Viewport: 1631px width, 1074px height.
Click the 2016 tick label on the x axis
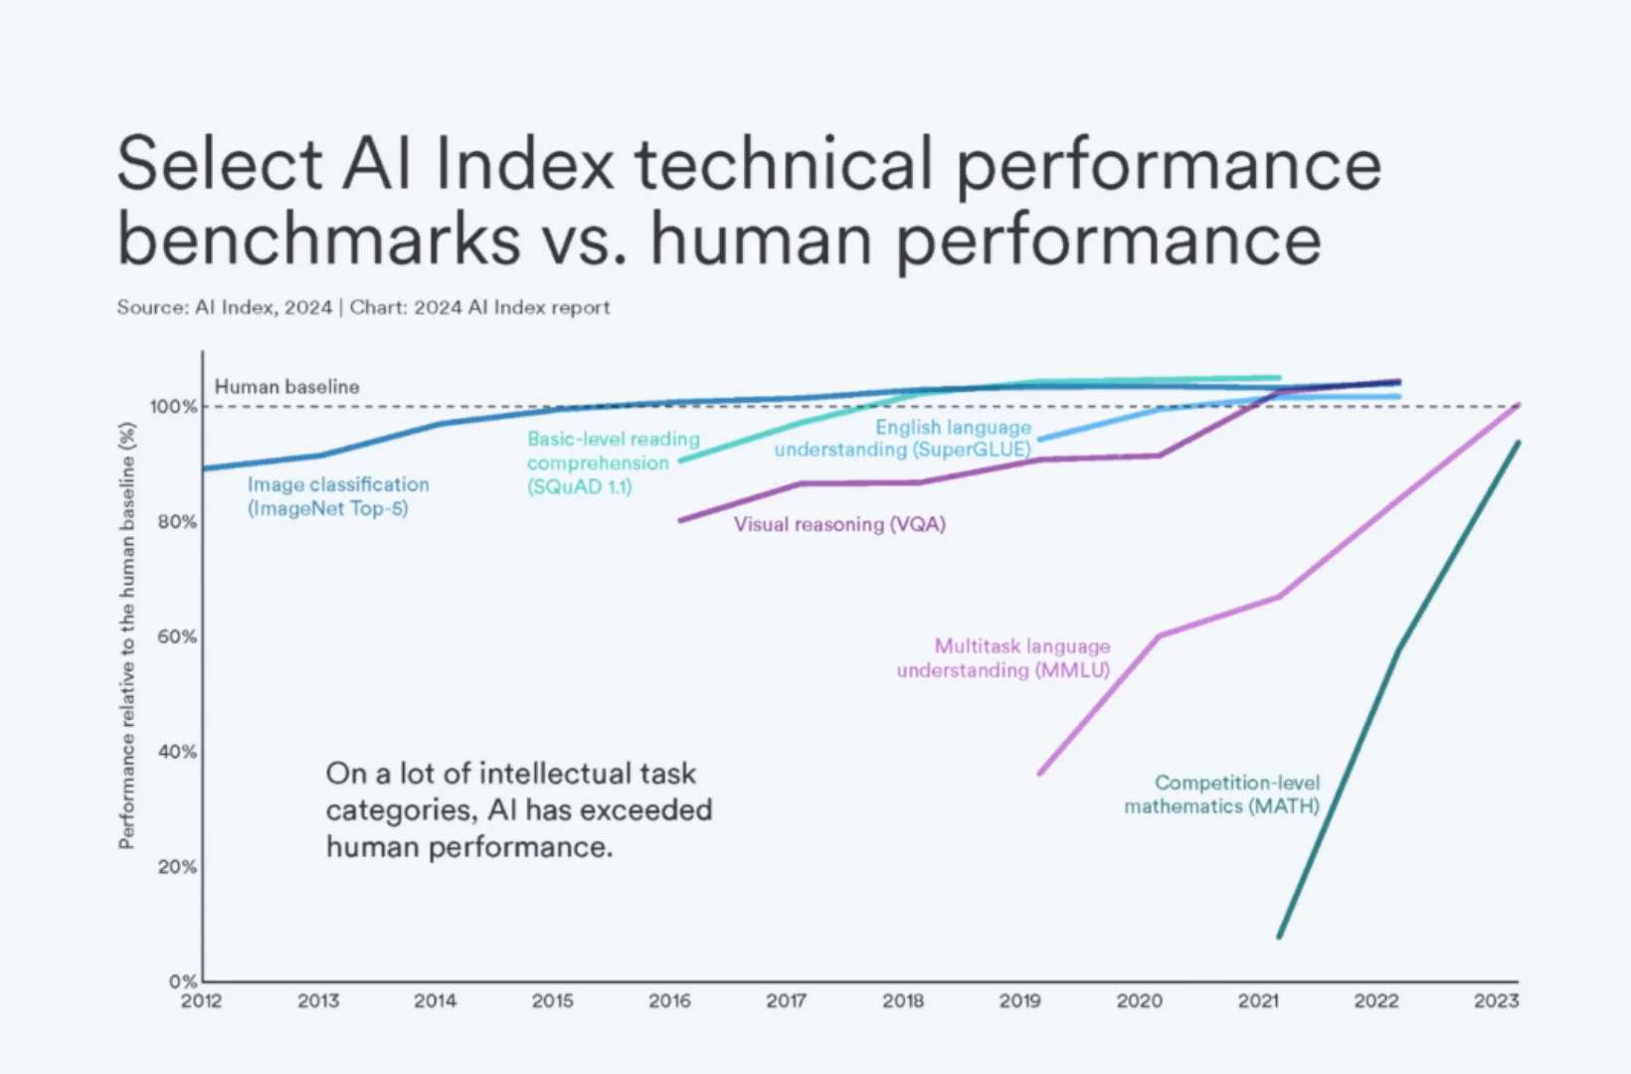click(669, 1000)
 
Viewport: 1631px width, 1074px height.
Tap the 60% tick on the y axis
click(177, 636)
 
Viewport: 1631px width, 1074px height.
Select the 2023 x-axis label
click(1496, 1000)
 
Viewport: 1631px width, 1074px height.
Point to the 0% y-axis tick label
click(182, 982)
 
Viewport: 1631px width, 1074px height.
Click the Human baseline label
click(286, 387)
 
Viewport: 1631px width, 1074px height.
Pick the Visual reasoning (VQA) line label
click(839, 524)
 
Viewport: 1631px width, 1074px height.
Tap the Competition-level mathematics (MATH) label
click(1222, 795)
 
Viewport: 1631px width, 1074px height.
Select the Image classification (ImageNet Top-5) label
click(338, 496)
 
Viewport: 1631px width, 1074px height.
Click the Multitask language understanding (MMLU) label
click(1003, 658)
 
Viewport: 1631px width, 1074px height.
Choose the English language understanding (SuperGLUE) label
click(903, 439)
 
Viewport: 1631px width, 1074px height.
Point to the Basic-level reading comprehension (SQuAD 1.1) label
click(613, 462)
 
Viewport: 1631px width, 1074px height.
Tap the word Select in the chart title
click(219, 164)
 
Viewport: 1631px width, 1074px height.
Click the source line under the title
click(363, 307)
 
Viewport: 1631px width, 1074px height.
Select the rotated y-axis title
click(126, 636)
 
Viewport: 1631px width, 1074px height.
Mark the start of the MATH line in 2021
click(1279, 936)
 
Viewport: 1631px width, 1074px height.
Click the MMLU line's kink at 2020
click(1160, 635)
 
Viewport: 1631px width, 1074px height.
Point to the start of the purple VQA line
click(680, 520)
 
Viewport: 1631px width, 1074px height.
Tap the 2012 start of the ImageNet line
click(205, 468)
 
